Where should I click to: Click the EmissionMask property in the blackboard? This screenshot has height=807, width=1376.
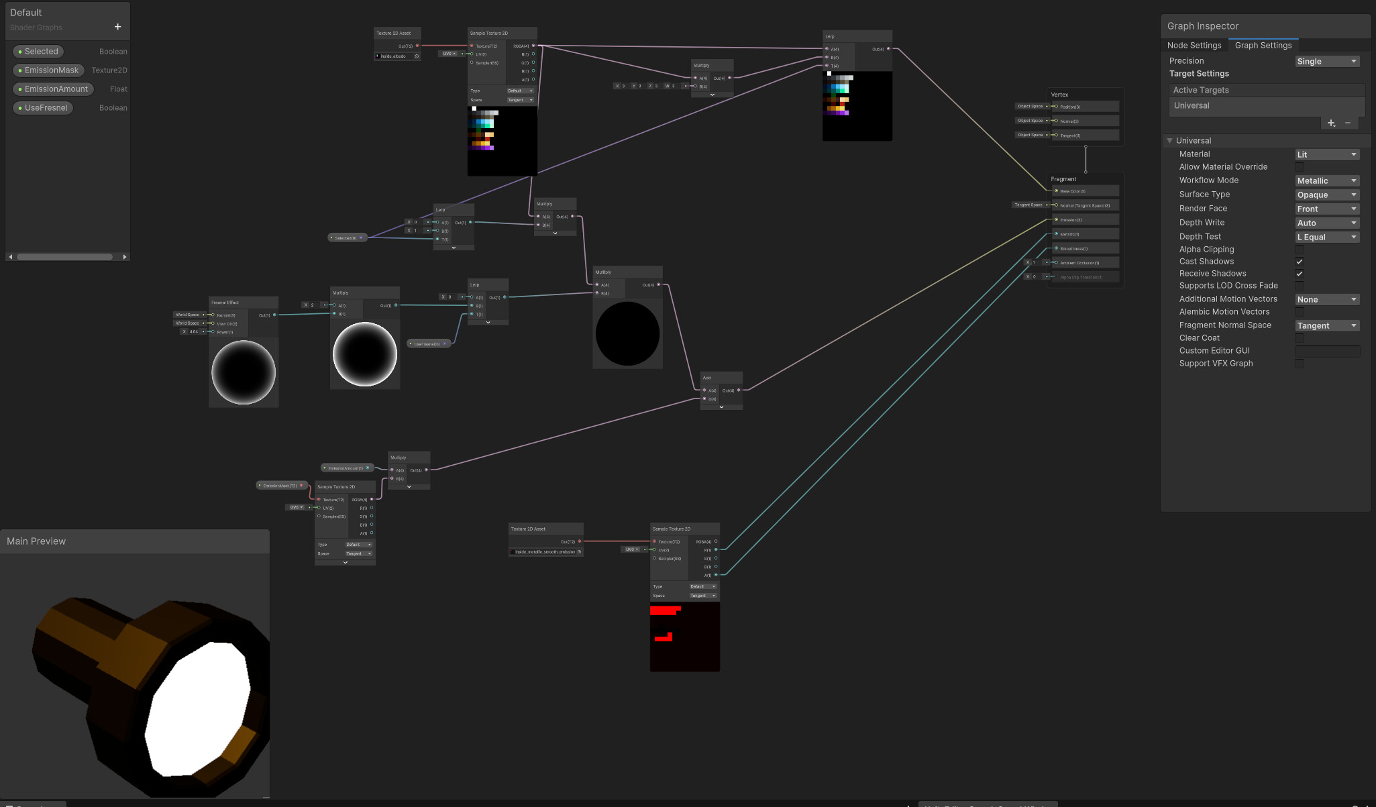pos(51,70)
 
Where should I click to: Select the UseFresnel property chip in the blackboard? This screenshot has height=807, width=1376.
pos(46,108)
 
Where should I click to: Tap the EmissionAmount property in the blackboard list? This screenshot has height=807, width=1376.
pos(56,89)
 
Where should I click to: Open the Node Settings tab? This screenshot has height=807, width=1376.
pos(1194,46)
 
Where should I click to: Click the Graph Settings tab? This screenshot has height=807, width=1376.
pos(1263,46)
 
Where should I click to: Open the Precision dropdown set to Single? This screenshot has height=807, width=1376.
pos(1326,62)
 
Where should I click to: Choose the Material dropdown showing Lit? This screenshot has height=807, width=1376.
pos(1326,155)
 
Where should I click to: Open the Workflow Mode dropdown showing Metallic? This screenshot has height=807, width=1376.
pos(1326,181)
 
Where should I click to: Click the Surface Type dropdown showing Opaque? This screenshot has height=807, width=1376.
pos(1326,195)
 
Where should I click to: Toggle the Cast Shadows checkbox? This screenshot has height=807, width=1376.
pos(1299,262)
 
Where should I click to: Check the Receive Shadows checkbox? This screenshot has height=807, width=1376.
pos(1299,274)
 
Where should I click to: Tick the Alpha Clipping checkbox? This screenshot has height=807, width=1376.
pos(1299,250)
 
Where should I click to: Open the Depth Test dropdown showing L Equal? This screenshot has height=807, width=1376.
pos(1326,237)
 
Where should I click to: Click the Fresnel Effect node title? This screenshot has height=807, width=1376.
pos(225,303)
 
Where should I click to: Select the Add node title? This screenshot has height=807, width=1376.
pos(707,378)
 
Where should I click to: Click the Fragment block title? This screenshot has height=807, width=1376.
pos(1063,179)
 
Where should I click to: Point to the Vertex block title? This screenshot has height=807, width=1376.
pos(1059,95)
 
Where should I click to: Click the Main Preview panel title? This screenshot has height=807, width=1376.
pos(36,541)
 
